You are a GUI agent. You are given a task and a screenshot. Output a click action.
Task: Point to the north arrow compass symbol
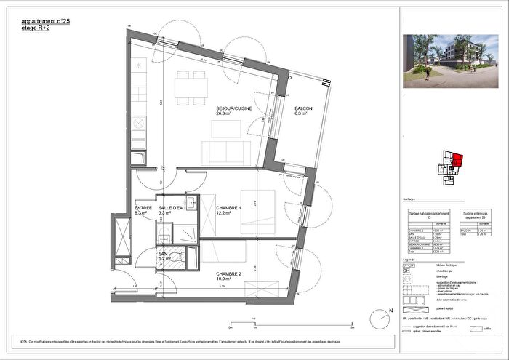[382, 318]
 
